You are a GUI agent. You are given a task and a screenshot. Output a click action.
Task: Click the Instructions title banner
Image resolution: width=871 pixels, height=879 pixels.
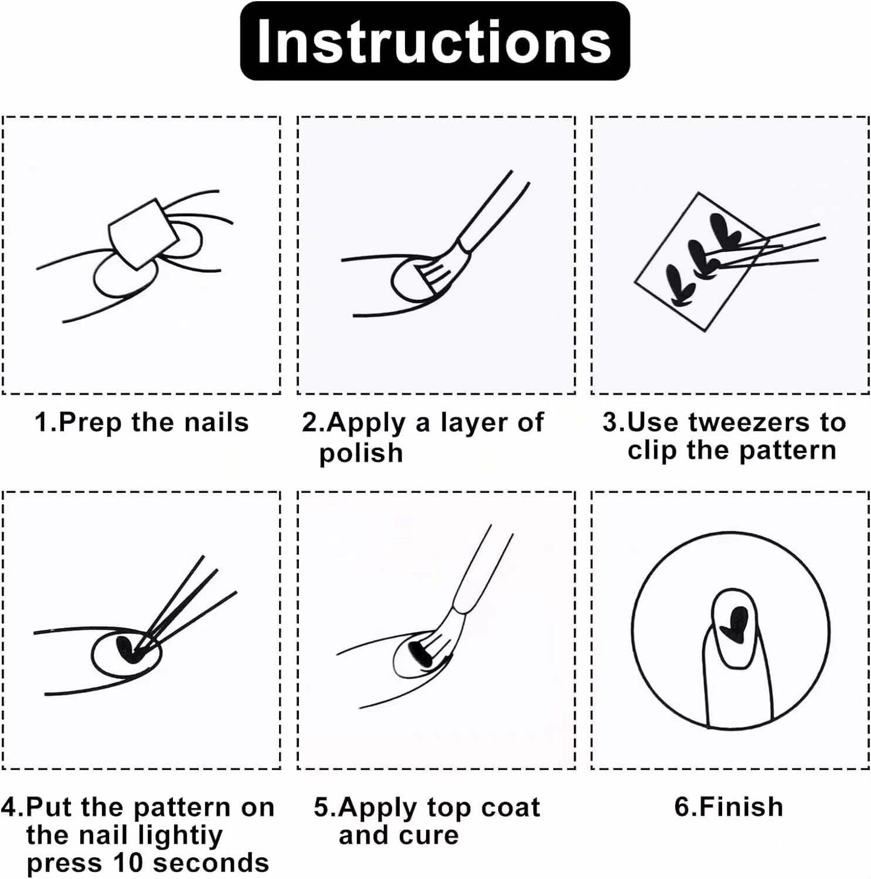pyautogui.click(x=435, y=41)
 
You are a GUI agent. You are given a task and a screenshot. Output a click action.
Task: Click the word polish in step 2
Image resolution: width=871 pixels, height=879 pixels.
pyautogui.click(x=360, y=454)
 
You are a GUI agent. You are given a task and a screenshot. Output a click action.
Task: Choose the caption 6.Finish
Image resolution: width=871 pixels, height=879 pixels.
pyautogui.click(x=729, y=806)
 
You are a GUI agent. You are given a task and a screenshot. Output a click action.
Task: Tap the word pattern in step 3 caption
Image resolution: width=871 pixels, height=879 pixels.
pyautogui.click(x=787, y=451)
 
